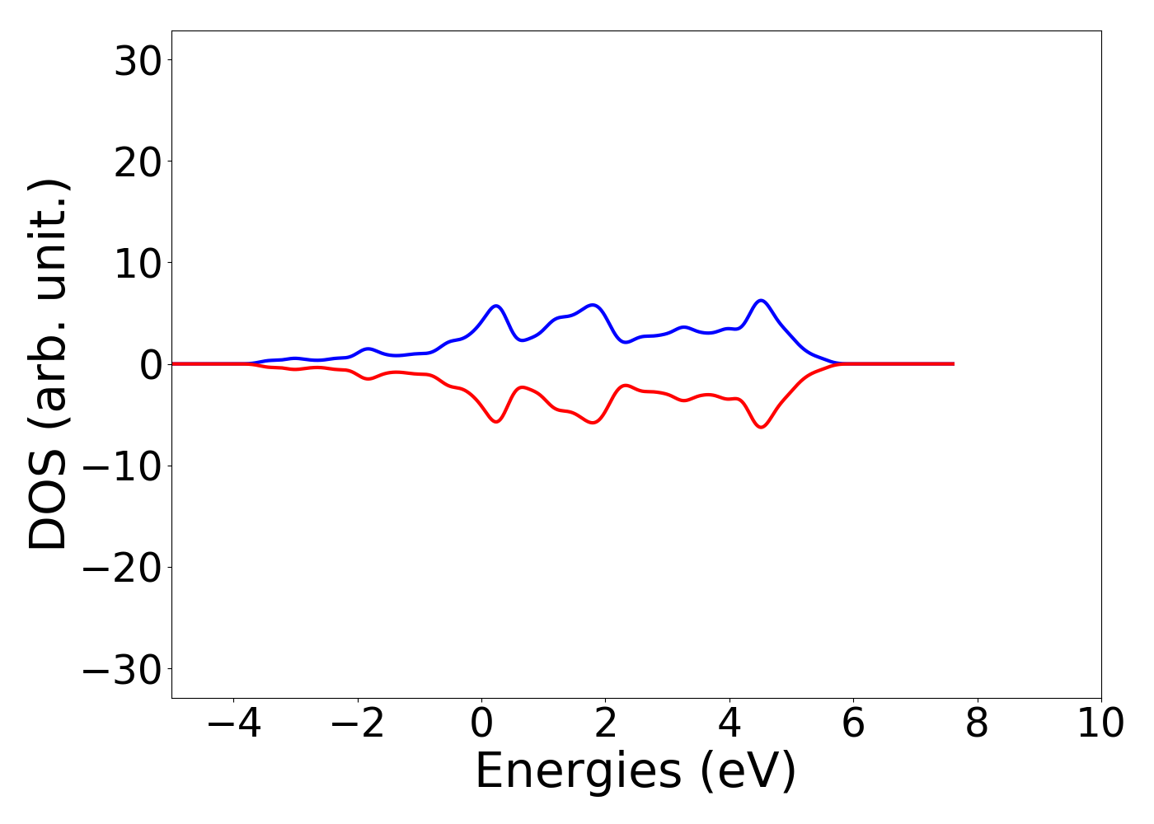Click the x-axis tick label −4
[x=234, y=724]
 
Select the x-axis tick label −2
[x=358, y=724]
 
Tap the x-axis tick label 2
[x=605, y=724]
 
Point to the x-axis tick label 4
[x=729, y=724]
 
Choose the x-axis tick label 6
[x=853, y=724]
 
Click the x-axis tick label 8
[x=977, y=724]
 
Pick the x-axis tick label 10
[x=1100, y=724]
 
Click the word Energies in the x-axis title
[x=578, y=772]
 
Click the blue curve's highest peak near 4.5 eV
[x=761, y=301]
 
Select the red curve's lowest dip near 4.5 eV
[x=761, y=427]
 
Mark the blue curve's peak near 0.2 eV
[x=495, y=306]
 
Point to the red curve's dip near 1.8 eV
[x=593, y=423]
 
